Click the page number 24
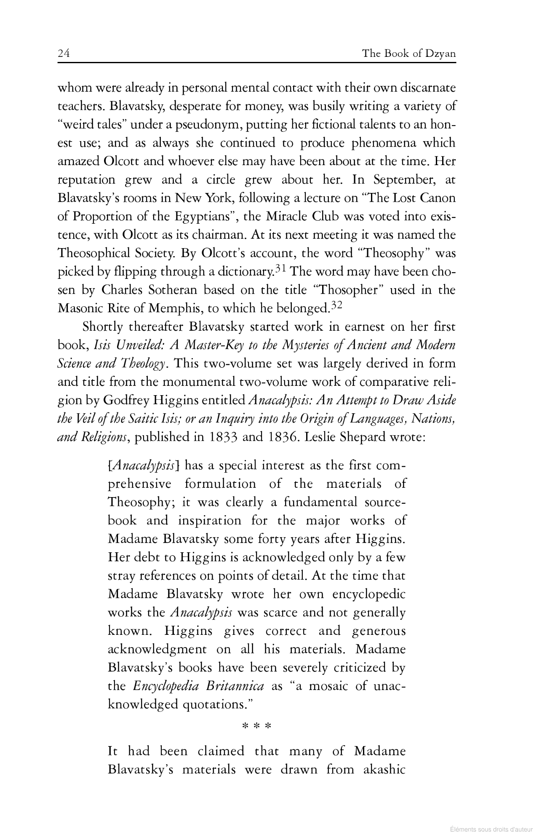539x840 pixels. pyautogui.click(x=64, y=54)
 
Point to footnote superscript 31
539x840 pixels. pyautogui.click(x=282, y=268)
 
